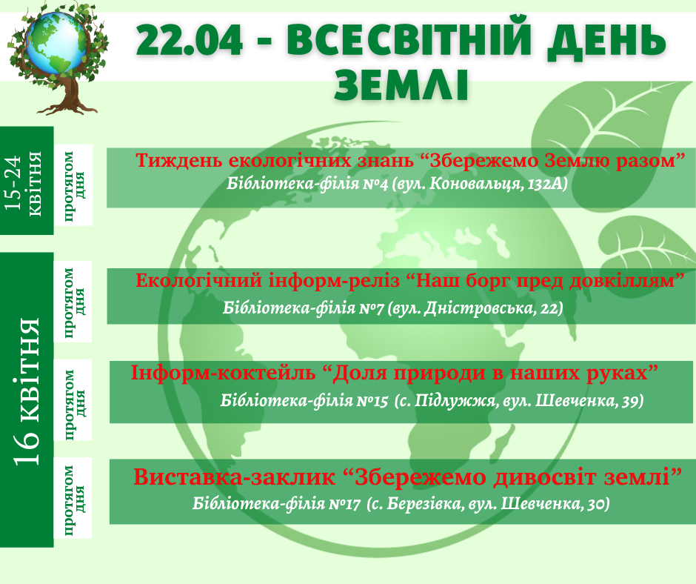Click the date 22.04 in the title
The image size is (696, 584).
[x=190, y=40]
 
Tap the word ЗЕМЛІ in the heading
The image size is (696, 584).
[x=402, y=85]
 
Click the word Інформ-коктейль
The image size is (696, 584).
[x=224, y=373]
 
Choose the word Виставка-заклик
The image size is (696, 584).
[x=235, y=477]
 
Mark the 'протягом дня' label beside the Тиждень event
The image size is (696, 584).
[x=74, y=185]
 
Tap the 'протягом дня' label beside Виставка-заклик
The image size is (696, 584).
[x=74, y=499]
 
